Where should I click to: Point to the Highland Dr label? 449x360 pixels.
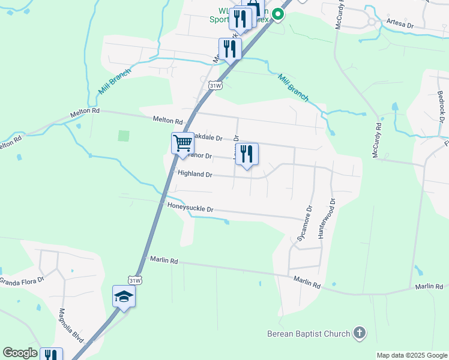195,175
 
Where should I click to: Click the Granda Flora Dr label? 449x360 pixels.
22,280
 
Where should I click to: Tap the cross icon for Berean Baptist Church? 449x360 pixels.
359,333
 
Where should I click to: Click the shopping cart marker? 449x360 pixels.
182,143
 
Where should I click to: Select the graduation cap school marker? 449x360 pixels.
124,296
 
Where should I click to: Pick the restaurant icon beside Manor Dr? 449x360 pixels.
247,154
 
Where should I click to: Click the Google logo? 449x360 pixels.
20,353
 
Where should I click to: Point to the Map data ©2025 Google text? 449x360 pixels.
412,355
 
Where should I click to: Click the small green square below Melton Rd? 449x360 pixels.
123,136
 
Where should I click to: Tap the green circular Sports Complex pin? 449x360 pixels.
278,14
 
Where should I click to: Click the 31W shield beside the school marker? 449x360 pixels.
135,280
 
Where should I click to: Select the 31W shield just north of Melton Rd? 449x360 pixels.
215,86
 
